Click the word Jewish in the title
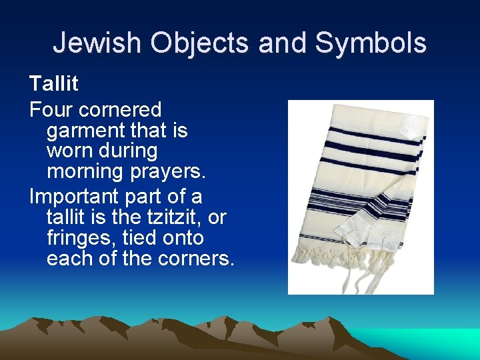(x=97, y=43)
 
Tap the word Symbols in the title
(x=371, y=43)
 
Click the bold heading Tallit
(x=53, y=84)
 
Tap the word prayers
(x=171, y=172)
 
